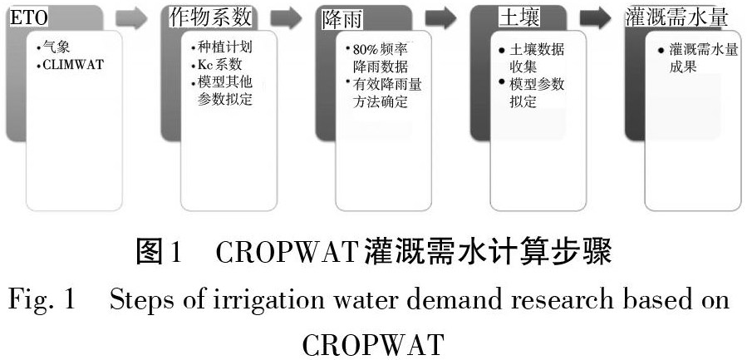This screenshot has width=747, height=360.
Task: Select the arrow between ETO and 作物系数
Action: pyautogui.click(x=130, y=17)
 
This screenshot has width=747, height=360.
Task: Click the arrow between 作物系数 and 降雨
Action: pyautogui.click(x=285, y=17)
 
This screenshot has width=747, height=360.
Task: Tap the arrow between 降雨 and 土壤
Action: pyautogui.click(x=440, y=17)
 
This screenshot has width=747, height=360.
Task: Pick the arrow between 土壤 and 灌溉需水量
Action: pyautogui.click(x=596, y=17)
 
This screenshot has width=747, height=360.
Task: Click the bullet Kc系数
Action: pyautogui.click(x=218, y=65)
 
